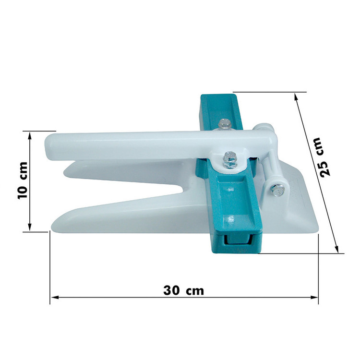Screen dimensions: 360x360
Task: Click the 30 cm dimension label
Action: coord(183,290)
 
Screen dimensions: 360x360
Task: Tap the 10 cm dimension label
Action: coord(23,180)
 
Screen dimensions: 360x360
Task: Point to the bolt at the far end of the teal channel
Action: coord(225,124)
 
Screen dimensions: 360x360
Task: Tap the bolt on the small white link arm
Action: coord(277,190)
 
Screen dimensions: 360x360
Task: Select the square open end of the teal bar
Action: coord(237,243)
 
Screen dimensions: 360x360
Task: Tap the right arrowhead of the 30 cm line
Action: coord(314,297)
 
